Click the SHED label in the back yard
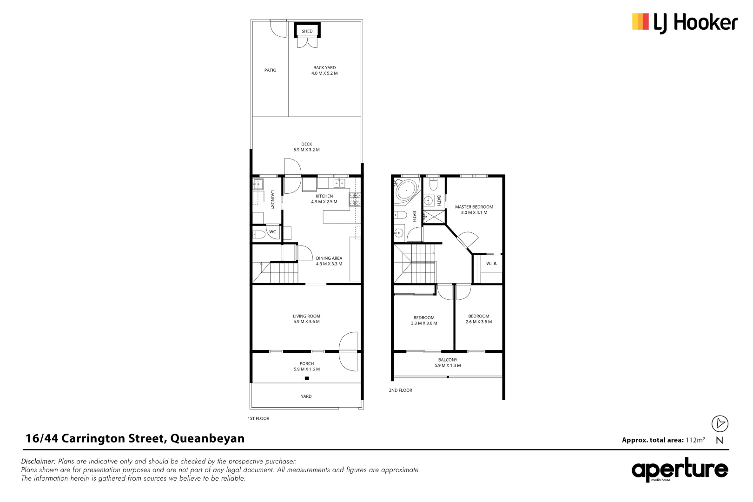307,31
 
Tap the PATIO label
270,70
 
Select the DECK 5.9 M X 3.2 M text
306,147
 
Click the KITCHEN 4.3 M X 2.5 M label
324,199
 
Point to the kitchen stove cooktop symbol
355,199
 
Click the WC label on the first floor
272,232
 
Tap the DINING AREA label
329,261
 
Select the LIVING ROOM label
306,318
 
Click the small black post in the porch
307,378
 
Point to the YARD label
306,396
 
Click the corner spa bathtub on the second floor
406,191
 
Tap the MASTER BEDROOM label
474,210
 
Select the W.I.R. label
491,264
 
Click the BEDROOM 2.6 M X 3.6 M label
478,319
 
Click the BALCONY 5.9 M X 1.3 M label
448,363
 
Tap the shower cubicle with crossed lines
434,217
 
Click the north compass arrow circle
720,423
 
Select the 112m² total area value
695,440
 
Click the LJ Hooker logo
684,22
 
